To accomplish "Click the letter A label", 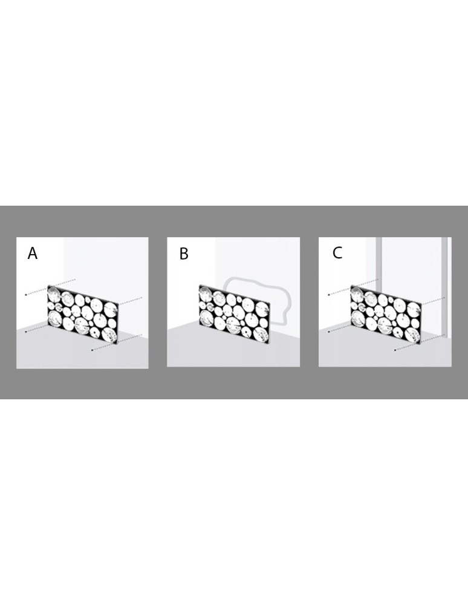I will pyautogui.click(x=33, y=253).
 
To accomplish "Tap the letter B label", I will pyautogui.click(x=184, y=254).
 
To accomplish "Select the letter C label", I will pyautogui.click(x=337, y=253).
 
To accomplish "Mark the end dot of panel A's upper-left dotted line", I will pyautogui.click(x=26, y=295).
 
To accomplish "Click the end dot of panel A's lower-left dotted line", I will pyautogui.click(x=26, y=332).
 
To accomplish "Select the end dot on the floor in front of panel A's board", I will pyautogui.click(x=92, y=350).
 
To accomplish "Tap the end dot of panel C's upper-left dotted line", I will pyautogui.click(x=329, y=295).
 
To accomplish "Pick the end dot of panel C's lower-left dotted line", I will pyautogui.click(x=329, y=332).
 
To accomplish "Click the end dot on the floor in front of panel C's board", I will pyautogui.click(x=395, y=350).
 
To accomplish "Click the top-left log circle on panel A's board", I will pyautogui.click(x=55, y=296).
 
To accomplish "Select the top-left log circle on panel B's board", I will pyautogui.click(x=206, y=296).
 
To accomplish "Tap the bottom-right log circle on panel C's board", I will pyautogui.click(x=413, y=333).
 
